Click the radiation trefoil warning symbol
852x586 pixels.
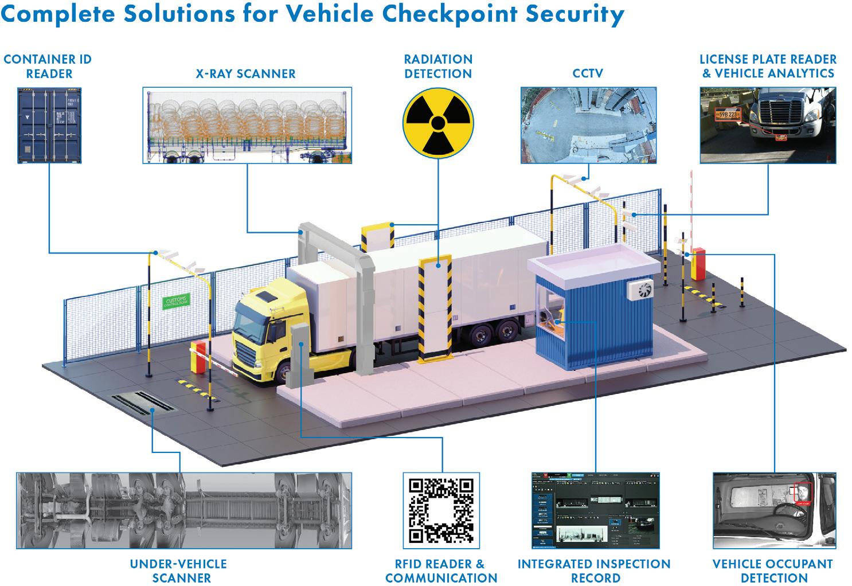pos(437,122)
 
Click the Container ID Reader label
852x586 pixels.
pos(47,67)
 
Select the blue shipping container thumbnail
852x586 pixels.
pos(49,126)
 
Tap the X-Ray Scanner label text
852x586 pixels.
pos(245,73)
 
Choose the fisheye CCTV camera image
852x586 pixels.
pos(587,126)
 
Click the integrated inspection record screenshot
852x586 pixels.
pos(595,510)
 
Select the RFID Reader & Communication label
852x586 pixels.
pos(441,571)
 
